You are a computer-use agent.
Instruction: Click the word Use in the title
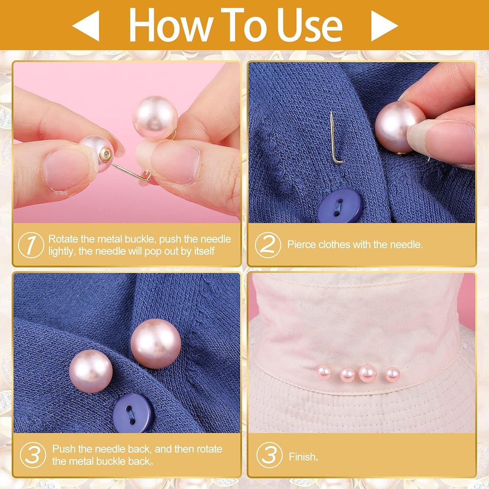coord(309,25)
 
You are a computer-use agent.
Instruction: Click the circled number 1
coord(31,245)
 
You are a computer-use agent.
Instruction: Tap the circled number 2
coord(268,245)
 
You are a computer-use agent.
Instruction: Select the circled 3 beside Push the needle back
coord(33,455)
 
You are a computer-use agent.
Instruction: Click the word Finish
coord(303,457)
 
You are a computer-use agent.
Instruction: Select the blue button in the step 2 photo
coord(340,205)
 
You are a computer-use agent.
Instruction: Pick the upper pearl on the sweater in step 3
coord(156,343)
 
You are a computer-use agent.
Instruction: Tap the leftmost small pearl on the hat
coord(324,372)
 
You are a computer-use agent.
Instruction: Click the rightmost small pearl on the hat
coord(393,374)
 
